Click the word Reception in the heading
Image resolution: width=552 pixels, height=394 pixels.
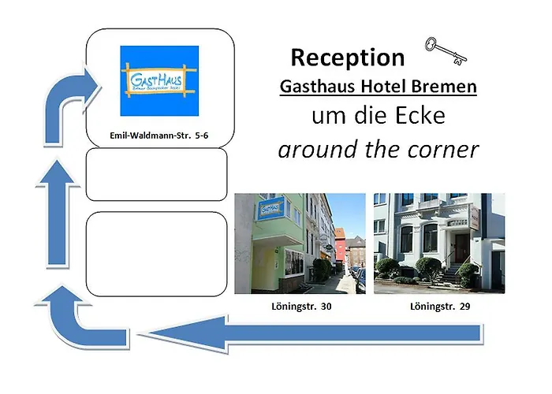tap(347, 57)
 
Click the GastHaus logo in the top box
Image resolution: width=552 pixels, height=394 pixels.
tap(159, 80)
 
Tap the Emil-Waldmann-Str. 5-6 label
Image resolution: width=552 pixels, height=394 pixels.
tap(159, 135)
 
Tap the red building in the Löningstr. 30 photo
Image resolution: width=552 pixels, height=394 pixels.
tap(340, 244)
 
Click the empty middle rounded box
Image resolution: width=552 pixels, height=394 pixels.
tap(156, 174)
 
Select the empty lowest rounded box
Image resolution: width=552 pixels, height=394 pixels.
tap(156, 253)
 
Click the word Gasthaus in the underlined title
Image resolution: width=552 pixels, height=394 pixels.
tap(316, 87)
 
